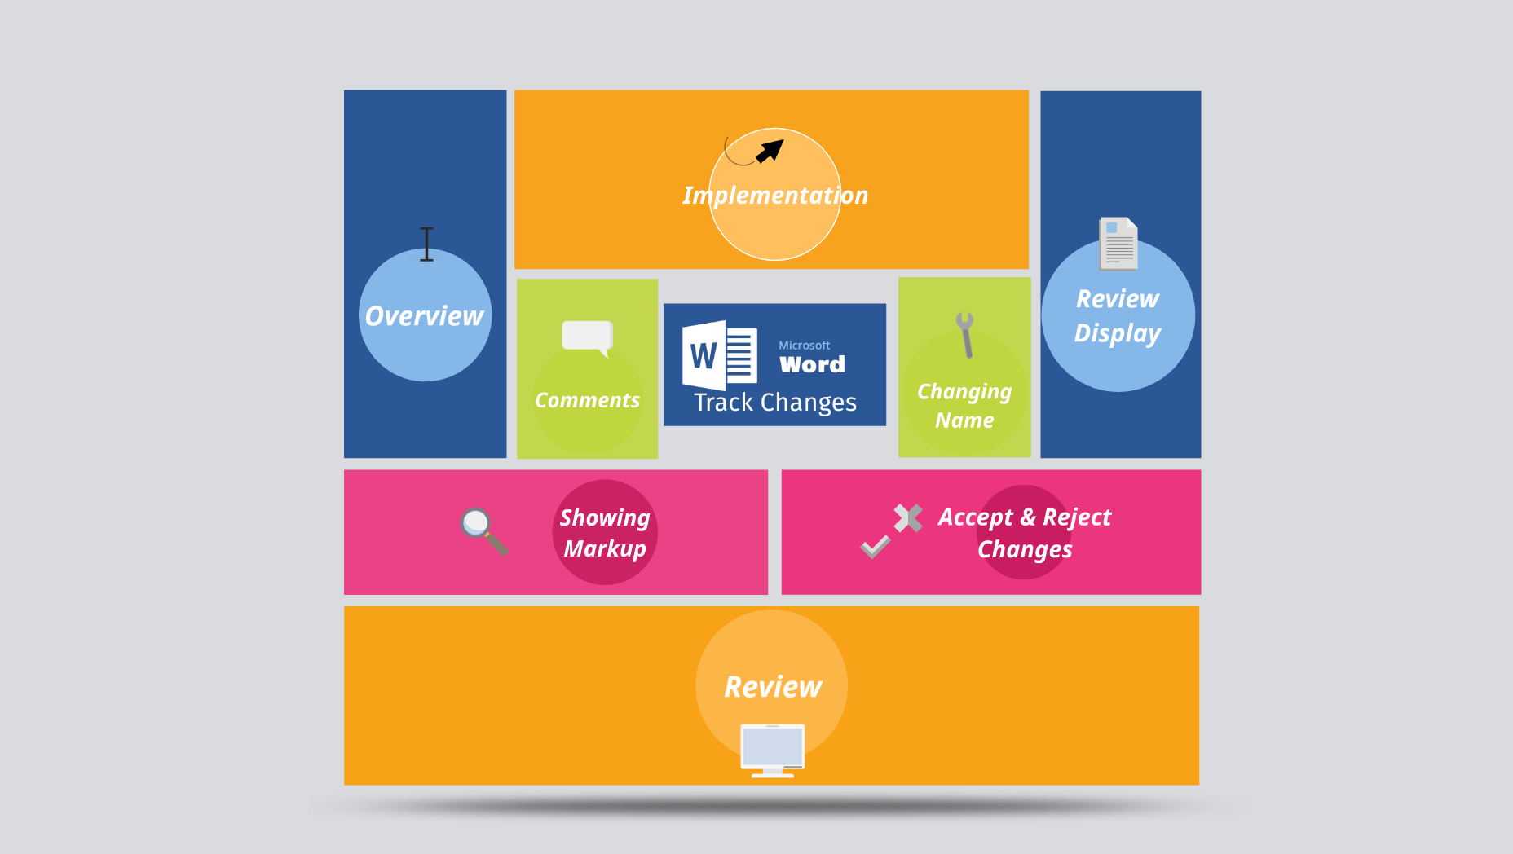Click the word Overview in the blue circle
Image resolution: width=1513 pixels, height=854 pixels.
(x=424, y=316)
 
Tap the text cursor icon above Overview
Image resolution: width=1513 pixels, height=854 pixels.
(x=426, y=244)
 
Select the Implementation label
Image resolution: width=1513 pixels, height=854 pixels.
(x=774, y=196)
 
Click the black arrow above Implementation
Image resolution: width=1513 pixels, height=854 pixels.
(x=770, y=151)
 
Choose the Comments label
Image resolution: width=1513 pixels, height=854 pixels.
(x=587, y=401)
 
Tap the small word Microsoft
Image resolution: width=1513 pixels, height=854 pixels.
(x=804, y=346)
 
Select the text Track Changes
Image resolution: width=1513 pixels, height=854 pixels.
(x=774, y=403)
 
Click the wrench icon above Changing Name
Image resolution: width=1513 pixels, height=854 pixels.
(x=966, y=334)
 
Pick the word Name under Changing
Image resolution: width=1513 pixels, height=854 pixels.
(x=964, y=420)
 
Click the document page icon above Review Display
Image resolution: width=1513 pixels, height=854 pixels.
(x=1118, y=243)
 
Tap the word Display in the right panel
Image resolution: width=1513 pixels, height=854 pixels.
(x=1117, y=333)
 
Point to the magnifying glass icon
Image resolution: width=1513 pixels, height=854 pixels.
(x=483, y=530)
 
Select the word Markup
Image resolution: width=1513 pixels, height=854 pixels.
(x=604, y=549)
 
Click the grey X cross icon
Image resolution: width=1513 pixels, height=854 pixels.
(x=907, y=517)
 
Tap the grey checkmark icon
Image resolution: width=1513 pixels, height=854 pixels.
(x=876, y=546)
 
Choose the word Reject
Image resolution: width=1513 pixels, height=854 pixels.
(x=1077, y=517)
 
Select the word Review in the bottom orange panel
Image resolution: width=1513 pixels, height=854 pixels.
(x=773, y=687)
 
